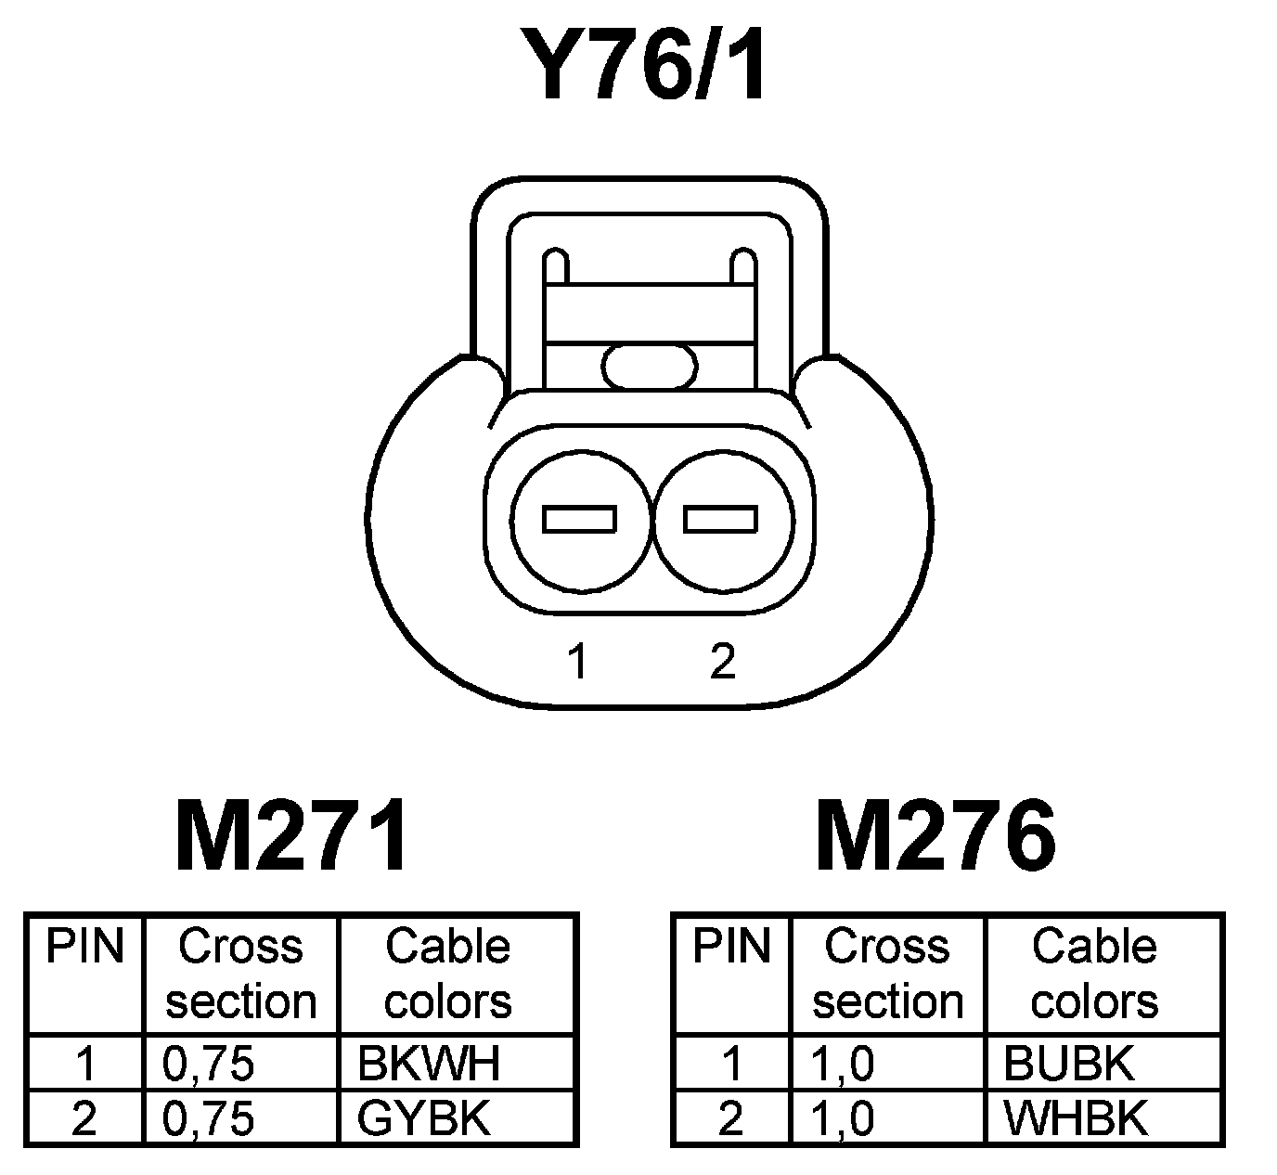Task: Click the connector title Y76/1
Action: pyautogui.click(x=643, y=64)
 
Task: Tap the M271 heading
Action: pyautogui.click(x=291, y=836)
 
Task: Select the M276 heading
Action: pyautogui.click(x=935, y=836)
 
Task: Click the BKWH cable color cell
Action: pyautogui.click(x=429, y=1064)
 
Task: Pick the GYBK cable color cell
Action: pyautogui.click(x=424, y=1119)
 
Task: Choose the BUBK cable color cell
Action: pyautogui.click(x=1069, y=1064)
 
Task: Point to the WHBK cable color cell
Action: pyautogui.click(x=1076, y=1119)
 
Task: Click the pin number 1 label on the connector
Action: pyautogui.click(x=578, y=662)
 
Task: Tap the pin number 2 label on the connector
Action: pyautogui.click(x=722, y=662)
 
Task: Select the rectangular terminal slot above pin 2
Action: pyautogui.click(x=721, y=519)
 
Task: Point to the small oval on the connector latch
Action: pyautogui.click(x=649, y=367)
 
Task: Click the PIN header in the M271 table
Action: pyautogui.click(x=85, y=947)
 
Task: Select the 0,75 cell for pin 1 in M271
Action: pyautogui.click(x=209, y=1064)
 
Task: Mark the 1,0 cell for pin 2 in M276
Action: pyautogui.click(x=843, y=1119)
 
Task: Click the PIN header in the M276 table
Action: pyautogui.click(x=732, y=947)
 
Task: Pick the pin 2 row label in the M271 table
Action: pyautogui.click(x=84, y=1119)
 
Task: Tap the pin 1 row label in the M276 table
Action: pyautogui.click(x=732, y=1064)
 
